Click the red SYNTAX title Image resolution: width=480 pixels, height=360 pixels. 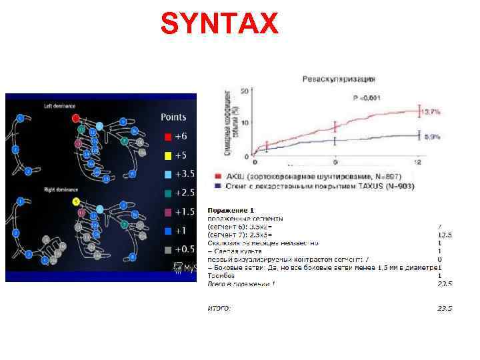click(x=219, y=25)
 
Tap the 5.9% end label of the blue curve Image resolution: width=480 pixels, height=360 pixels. click(x=432, y=136)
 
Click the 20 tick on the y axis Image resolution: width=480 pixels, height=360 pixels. click(x=244, y=90)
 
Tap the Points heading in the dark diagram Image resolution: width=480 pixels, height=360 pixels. click(x=173, y=117)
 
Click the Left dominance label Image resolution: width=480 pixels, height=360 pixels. click(x=59, y=106)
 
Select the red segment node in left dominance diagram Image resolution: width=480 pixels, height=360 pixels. click(x=76, y=118)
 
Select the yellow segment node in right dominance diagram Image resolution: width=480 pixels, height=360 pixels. click(x=77, y=201)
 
